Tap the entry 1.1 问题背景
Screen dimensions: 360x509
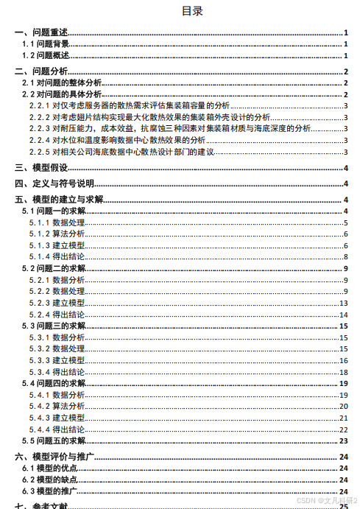pyautogui.click(x=46, y=44)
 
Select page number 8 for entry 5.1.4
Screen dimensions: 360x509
pyautogui.click(x=345, y=256)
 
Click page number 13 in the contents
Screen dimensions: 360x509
pyautogui.click(x=343, y=303)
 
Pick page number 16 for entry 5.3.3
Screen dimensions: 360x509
pyautogui.click(x=343, y=360)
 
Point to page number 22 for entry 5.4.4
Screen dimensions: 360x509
pyautogui.click(x=343, y=429)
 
